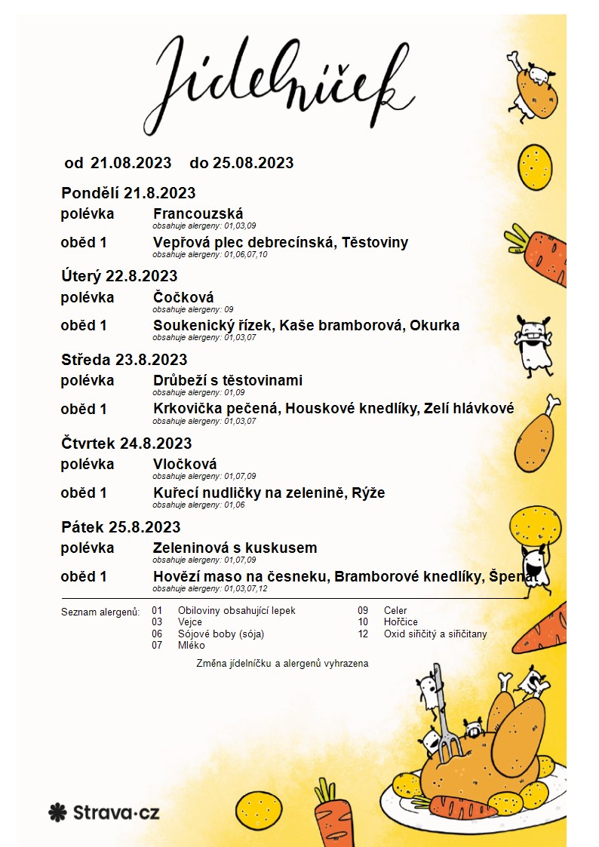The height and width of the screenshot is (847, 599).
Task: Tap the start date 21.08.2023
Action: coord(131,163)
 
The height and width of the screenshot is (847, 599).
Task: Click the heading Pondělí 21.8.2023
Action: coord(128,192)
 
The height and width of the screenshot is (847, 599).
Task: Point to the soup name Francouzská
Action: coord(198,213)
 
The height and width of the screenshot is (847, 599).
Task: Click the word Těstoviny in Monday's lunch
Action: coord(375,242)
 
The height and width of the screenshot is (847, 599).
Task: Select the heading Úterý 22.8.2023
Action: coord(119,276)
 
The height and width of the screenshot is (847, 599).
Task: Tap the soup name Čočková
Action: coord(183,297)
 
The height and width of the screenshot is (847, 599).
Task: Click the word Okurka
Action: coord(435,326)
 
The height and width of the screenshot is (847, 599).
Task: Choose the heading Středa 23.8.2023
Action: coord(124,360)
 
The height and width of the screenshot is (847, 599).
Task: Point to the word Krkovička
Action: coord(189,409)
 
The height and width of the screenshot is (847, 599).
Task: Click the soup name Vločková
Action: coord(185,465)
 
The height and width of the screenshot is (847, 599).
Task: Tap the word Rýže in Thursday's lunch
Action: coord(369,493)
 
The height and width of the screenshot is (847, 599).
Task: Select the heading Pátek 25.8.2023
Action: coord(121,527)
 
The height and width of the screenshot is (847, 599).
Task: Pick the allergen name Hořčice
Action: coord(401,622)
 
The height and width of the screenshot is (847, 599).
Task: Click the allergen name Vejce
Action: coord(190,622)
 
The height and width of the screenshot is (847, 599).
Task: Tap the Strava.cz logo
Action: coord(103,812)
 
